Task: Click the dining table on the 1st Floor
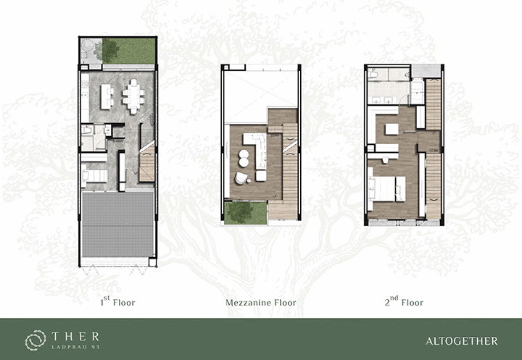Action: click(x=133, y=96)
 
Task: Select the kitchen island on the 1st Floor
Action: click(x=106, y=96)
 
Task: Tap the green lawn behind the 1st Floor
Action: click(x=129, y=51)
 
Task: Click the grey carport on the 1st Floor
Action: click(x=118, y=224)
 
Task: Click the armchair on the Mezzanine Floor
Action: click(x=241, y=178)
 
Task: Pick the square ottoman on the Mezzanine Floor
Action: click(x=261, y=176)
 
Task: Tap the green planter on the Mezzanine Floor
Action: click(x=245, y=213)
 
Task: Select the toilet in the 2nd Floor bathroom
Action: click(x=373, y=74)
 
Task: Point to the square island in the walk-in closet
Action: click(x=391, y=129)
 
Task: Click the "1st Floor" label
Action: click(x=117, y=301)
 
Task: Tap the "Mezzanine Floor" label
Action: click(x=261, y=303)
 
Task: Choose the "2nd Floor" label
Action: click(x=404, y=301)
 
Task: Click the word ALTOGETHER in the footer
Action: click(x=461, y=341)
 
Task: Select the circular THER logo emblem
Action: click(x=36, y=340)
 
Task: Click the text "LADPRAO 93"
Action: click(x=76, y=347)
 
